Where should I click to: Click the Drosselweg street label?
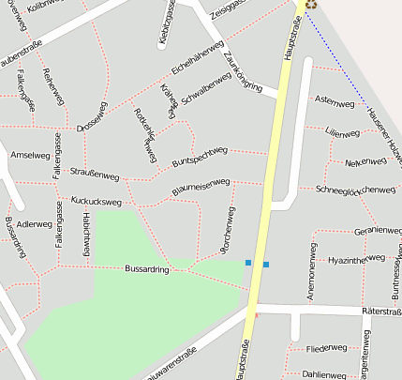click(x=93, y=120)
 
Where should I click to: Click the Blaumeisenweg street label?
click(x=201, y=188)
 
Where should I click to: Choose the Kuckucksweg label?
click(x=96, y=201)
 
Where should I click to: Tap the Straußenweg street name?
click(x=95, y=175)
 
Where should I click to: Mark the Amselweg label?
click(x=28, y=154)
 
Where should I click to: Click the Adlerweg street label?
click(x=35, y=224)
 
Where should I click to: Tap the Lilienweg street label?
click(x=342, y=133)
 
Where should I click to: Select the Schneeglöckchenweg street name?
click(x=356, y=190)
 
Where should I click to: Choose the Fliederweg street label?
click(x=326, y=349)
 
